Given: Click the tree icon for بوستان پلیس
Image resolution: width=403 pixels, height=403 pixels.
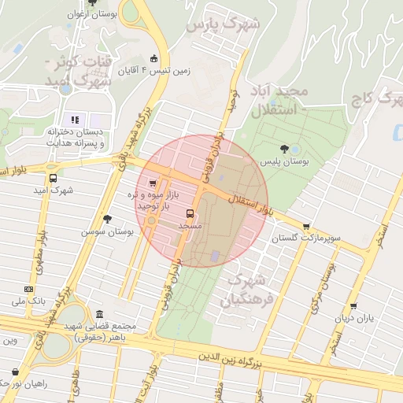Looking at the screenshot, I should tap(295, 148).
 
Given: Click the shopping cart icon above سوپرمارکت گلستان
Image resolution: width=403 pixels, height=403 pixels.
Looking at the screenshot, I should tap(306, 227).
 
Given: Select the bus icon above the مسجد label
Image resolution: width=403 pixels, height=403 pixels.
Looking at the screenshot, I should tap(190, 213).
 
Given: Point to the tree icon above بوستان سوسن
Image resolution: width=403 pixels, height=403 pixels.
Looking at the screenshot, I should tap(107, 220).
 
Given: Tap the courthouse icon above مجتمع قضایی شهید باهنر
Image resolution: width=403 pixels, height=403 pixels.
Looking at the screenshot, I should tap(99, 314).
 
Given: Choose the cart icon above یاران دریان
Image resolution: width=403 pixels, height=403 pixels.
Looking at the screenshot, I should tap(353, 307).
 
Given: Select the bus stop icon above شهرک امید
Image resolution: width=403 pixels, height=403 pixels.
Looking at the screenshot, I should tap(53, 179).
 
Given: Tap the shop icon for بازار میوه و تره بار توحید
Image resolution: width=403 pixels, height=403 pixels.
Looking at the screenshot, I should tap(152, 183).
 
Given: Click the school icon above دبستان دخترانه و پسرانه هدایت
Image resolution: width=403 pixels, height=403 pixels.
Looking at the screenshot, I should tap(76, 120).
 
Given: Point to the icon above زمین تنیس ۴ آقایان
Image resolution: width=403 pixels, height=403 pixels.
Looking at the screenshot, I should tap(153, 59).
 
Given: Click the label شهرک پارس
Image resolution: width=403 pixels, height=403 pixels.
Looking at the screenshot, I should tap(222, 24).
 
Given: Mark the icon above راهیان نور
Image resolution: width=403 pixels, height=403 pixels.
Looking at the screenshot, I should tap(14, 372).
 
